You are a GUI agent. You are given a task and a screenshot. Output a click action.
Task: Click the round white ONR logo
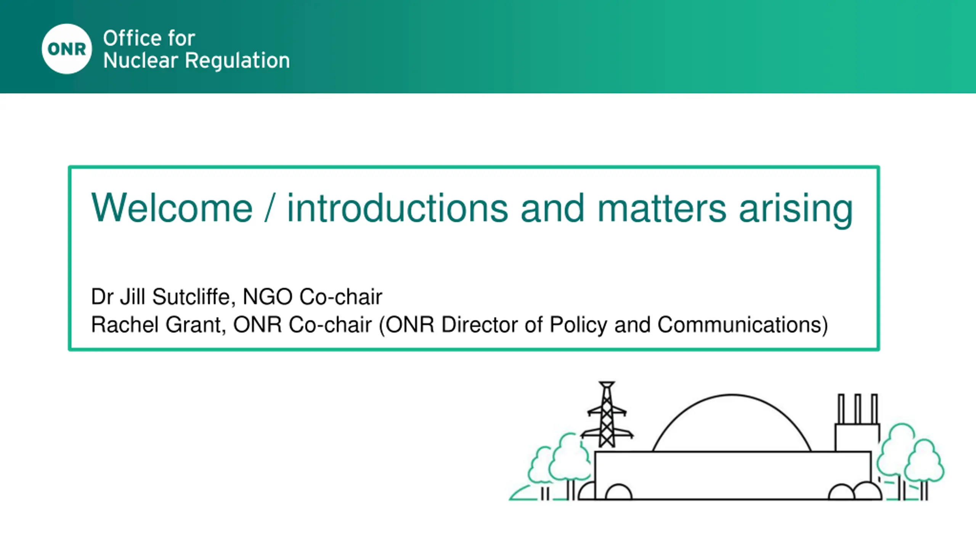67,49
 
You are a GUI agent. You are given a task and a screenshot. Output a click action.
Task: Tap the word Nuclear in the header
141,61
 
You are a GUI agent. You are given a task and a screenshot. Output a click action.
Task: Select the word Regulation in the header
237,61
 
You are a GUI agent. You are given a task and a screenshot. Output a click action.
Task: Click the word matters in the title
662,208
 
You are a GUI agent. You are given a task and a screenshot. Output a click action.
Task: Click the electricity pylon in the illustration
607,415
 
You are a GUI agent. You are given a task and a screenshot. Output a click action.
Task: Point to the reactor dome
732,395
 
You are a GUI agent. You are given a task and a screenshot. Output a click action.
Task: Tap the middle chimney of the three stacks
858,409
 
